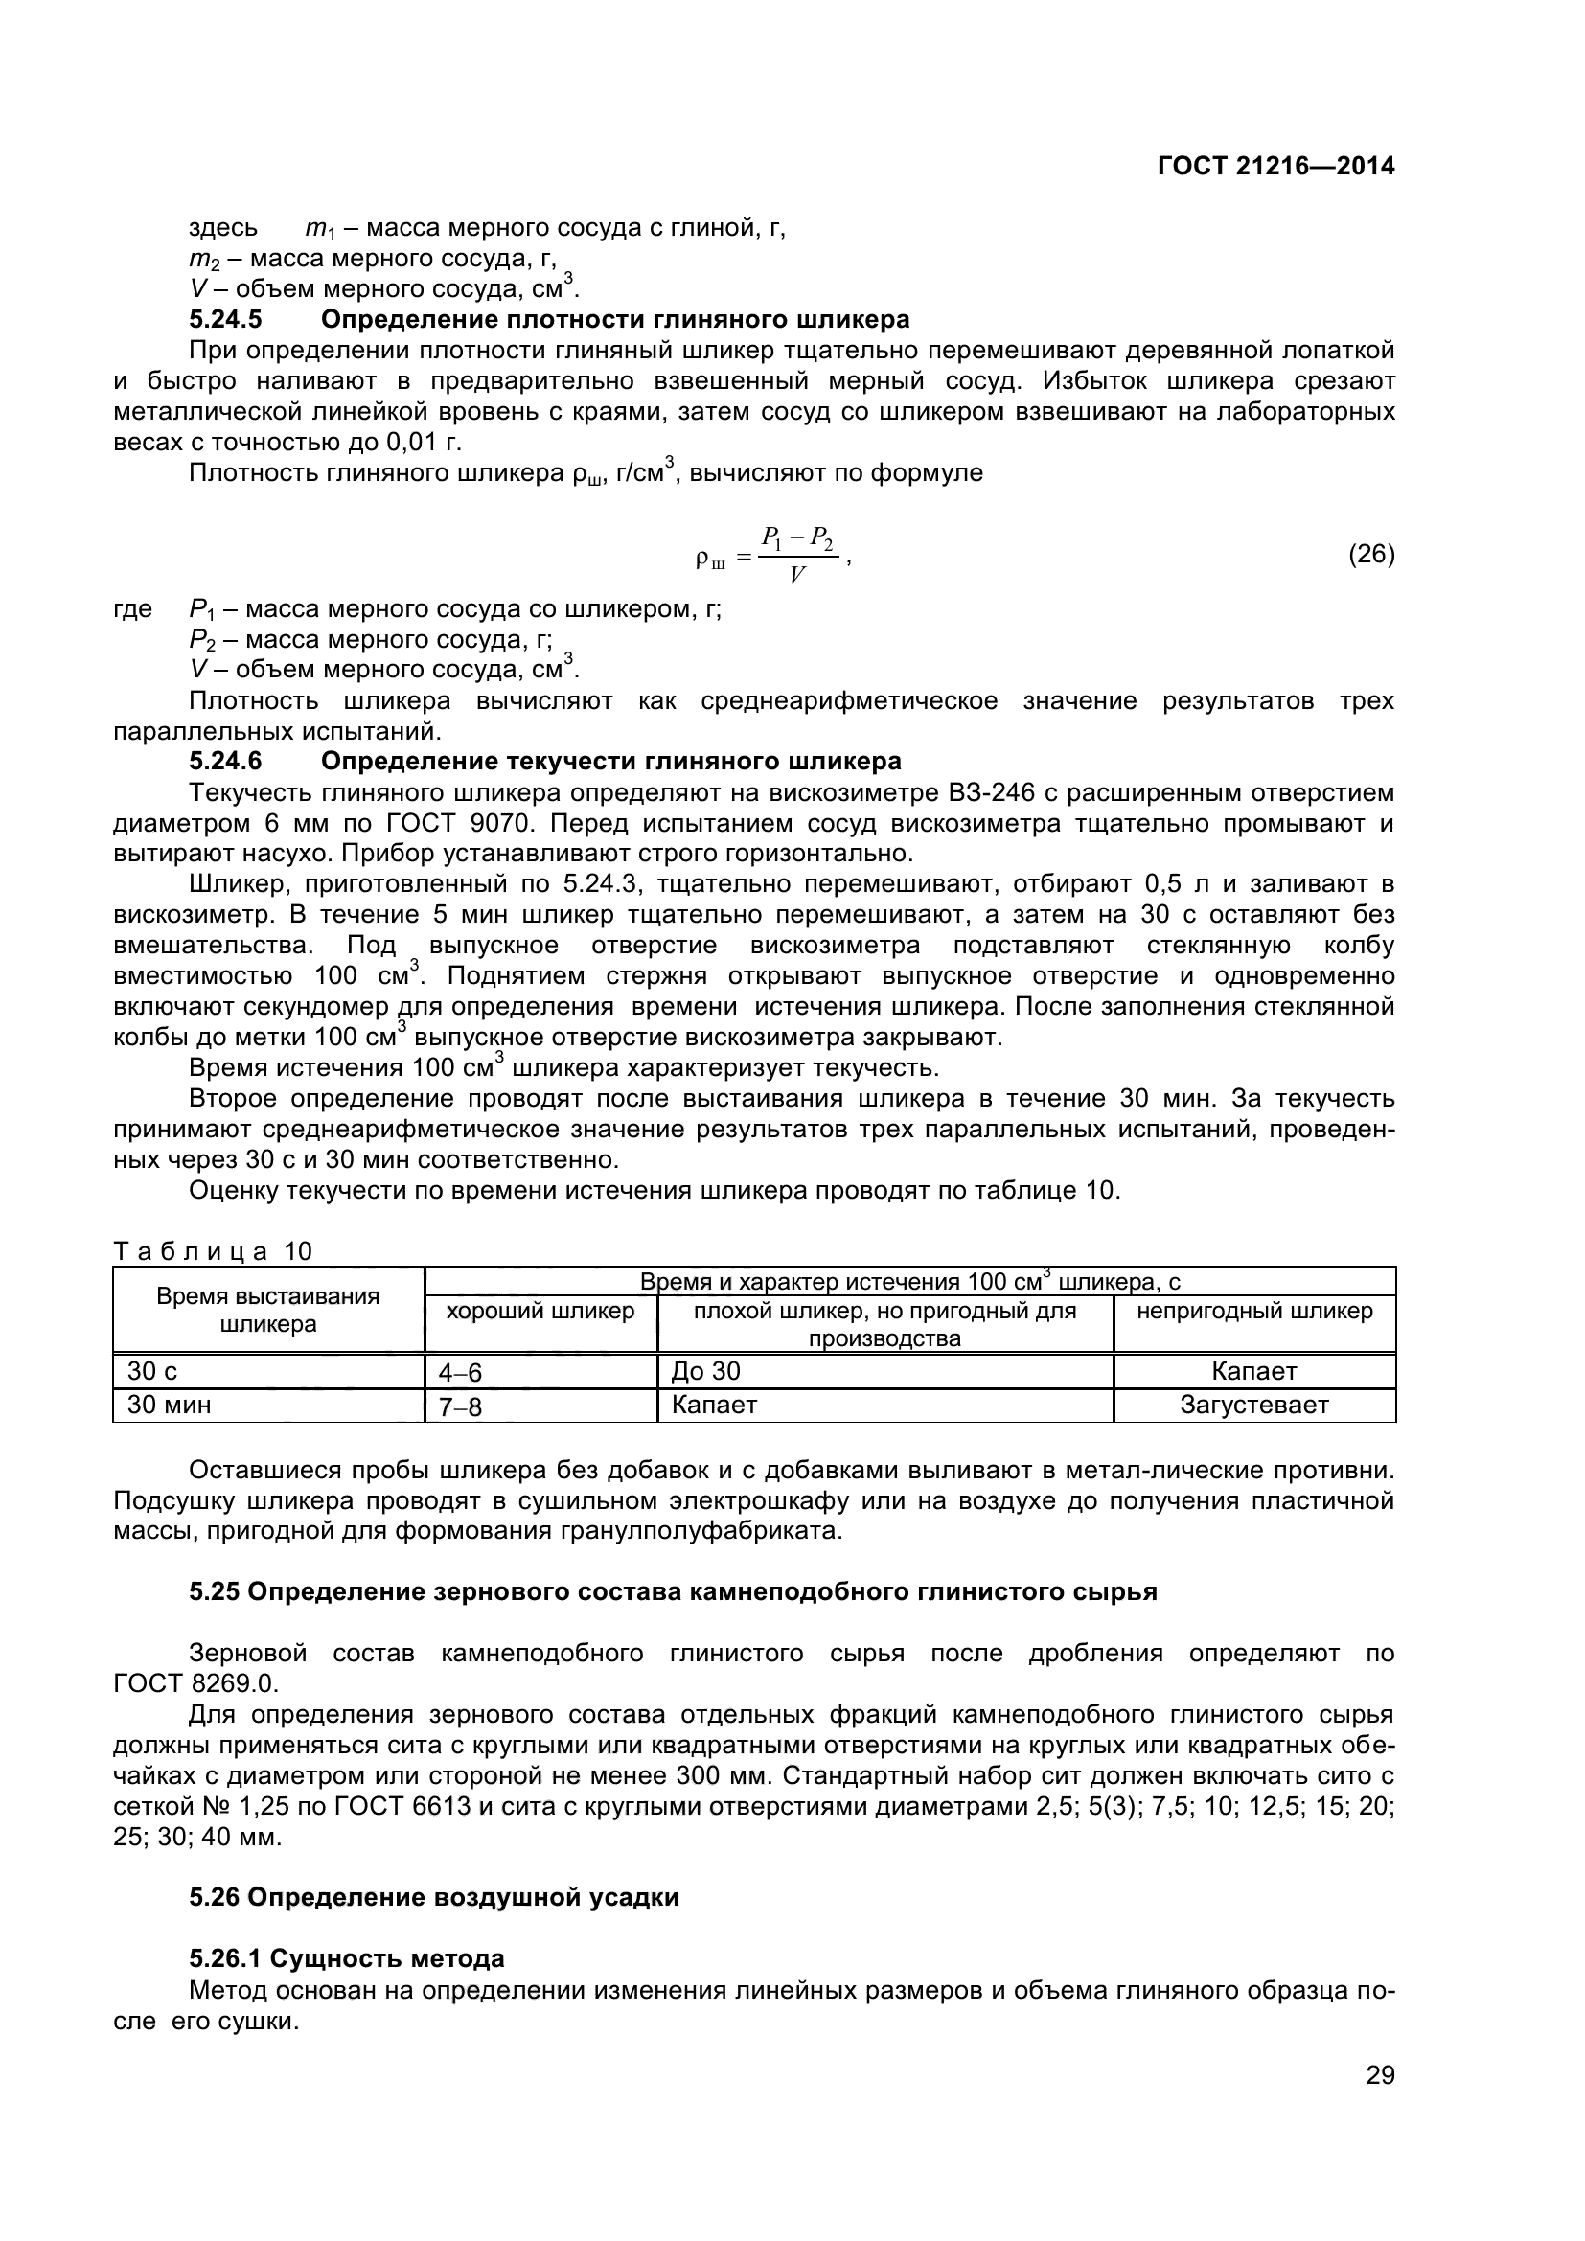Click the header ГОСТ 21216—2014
tap(1275, 166)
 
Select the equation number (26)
tap(1371, 555)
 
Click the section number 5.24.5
tap(225, 319)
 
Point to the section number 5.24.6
tap(225, 761)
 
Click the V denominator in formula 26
tap(797, 575)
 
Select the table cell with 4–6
tap(461, 1373)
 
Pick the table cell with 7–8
tap(461, 1407)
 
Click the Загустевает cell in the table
tap(1254, 1406)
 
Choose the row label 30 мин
tap(169, 1405)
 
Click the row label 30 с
tap(152, 1371)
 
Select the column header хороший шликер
tap(540, 1311)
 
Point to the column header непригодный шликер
tap(1254, 1311)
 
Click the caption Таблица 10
tap(213, 1251)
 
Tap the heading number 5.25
tap(215, 1592)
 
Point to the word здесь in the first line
tap(223, 228)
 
